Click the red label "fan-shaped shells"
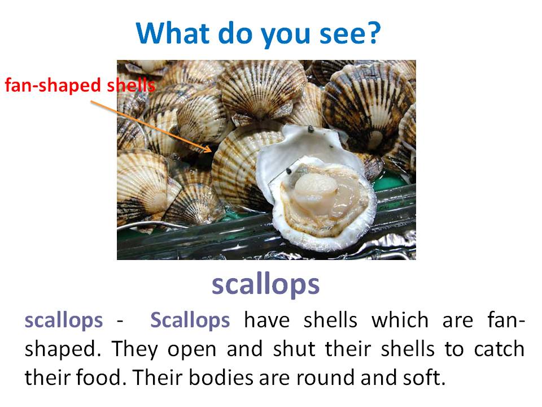(x=80, y=86)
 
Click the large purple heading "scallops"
(x=265, y=284)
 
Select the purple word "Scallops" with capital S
(x=190, y=320)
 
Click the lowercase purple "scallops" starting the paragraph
(x=64, y=320)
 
